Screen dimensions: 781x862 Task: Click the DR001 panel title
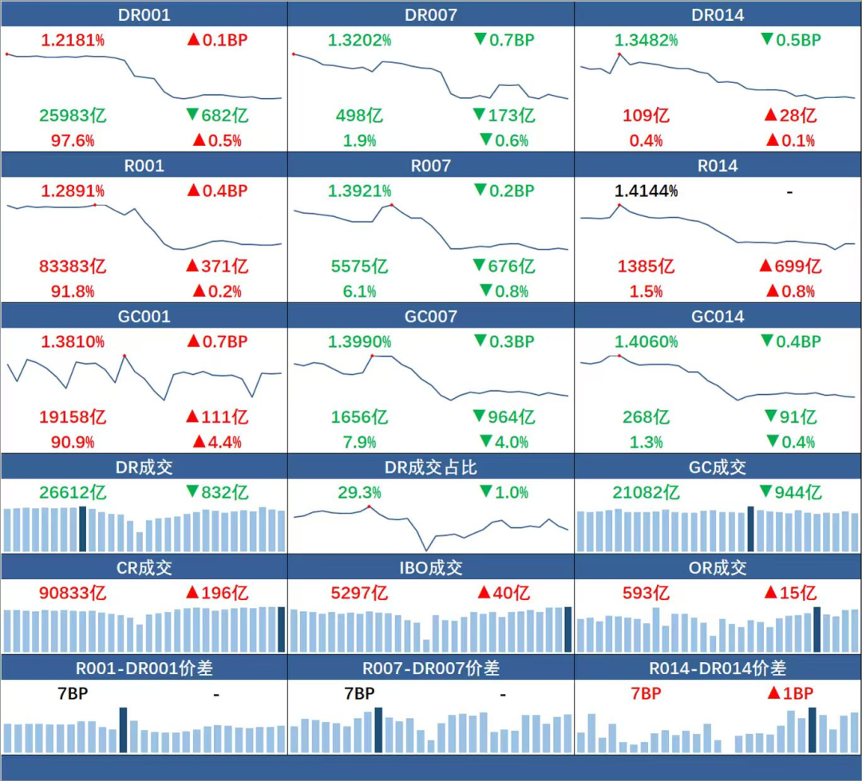[x=144, y=15]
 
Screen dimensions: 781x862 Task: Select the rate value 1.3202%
[x=359, y=40]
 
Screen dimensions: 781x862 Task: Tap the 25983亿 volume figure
[x=73, y=116]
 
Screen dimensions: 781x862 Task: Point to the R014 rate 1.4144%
[x=646, y=191]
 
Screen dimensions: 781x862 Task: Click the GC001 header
[x=144, y=317]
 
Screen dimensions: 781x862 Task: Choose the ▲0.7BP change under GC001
[x=217, y=342]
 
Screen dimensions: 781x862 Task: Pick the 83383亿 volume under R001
[x=73, y=266]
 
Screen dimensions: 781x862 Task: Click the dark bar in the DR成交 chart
[x=83, y=529]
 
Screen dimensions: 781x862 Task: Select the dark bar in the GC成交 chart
[x=750, y=529]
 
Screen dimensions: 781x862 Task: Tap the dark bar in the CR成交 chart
[x=281, y=629]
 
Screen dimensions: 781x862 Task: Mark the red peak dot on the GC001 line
[x=125, y=355]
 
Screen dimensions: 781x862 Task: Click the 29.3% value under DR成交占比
[x=359, y=493]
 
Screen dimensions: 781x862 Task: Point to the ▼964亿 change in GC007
[x=504, y=417]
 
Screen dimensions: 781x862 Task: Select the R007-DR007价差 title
[x=431, y=669]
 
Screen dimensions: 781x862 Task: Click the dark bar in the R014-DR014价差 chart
[x=812, y=730]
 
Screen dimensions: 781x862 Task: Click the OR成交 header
[x=718, y=568]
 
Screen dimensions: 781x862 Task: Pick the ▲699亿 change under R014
[x=791, y=266]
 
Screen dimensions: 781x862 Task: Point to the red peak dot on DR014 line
[x=619, y=54]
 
